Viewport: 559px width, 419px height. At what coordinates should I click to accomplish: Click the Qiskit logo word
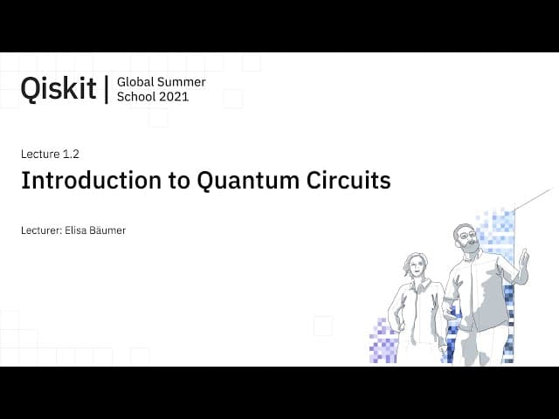tap(59, 88)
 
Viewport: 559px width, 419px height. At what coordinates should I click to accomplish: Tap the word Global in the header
tap(135, 82)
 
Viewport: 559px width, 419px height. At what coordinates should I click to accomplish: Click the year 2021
tap(174, 97)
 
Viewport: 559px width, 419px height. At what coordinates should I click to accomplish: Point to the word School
tap(136, 97)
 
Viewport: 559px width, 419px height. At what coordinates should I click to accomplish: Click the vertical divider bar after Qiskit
tap(107, 89)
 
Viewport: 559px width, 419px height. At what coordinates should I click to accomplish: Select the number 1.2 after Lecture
tap(71, 154)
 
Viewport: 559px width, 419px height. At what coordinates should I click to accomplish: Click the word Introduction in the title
tap(91, 180)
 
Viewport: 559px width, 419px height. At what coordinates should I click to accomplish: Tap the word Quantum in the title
tap(248, 181)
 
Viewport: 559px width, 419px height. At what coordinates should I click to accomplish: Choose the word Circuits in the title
tap(349, 180)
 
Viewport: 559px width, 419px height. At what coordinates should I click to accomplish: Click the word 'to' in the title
tap(179, 181)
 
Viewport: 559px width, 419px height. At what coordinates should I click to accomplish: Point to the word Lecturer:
tap(41, 230)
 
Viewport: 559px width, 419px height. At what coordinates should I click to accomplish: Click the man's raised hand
tap(523, 258)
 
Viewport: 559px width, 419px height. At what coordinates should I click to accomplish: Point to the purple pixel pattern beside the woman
tap(383, 341)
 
